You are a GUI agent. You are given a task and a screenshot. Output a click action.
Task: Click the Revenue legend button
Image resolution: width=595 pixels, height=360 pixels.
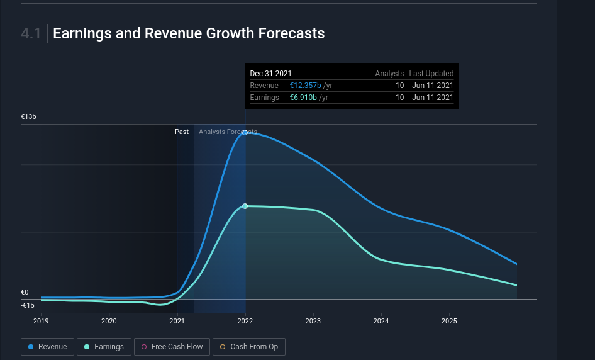[48, 347]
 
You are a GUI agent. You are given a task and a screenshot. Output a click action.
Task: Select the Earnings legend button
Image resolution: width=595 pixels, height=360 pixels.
[104, 347]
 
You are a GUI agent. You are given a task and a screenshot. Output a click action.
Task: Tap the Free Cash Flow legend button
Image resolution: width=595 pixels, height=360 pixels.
[172, 347]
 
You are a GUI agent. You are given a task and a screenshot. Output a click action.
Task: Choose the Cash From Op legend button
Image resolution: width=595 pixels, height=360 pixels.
[248, 347]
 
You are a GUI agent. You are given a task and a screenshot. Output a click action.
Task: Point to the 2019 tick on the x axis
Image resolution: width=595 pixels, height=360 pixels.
[42, 321]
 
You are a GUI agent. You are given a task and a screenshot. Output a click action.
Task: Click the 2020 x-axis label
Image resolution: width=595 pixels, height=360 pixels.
[109, 321]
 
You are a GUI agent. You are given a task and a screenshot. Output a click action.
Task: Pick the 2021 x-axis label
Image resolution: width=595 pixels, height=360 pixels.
[177, 321]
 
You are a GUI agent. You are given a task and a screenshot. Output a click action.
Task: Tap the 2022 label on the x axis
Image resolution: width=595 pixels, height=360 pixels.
[245, 321]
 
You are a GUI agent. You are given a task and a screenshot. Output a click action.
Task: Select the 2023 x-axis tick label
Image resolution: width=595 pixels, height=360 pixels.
[313, 321]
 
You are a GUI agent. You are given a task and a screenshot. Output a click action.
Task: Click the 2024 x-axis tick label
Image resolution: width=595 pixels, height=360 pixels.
[381, 321]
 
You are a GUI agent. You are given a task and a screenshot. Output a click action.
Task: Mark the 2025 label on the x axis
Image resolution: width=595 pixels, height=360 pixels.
[448, 321]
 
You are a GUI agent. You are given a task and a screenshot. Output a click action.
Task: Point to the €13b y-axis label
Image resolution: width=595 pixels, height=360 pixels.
[29, 117]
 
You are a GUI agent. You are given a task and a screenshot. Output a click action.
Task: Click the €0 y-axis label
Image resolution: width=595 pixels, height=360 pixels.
[25, 293]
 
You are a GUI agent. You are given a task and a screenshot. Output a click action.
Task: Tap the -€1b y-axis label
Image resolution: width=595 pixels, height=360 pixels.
[28, 305]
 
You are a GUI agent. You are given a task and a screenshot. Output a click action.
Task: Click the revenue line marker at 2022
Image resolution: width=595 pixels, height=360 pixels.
[245, 133]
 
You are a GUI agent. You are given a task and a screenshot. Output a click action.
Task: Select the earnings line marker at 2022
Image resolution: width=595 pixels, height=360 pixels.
[245, 206]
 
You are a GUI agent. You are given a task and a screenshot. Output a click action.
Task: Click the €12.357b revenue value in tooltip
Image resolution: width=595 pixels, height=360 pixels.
[305, 86]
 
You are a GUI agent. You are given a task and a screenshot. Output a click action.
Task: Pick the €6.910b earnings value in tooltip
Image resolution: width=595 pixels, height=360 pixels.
[303, 98]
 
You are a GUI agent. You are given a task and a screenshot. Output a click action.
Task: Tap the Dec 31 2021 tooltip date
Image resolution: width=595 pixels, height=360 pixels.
[271, 74]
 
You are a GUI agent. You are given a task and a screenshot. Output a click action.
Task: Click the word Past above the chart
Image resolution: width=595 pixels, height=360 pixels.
[182, 132]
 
